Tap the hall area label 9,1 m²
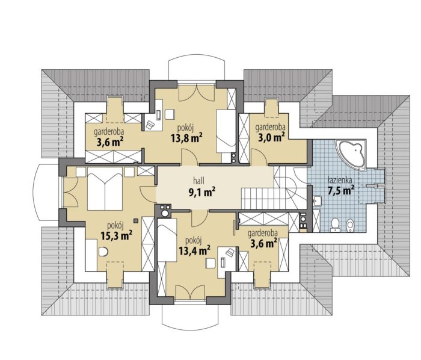tap(202, 193)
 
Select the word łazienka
tap(340, 180)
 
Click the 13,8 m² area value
tap(186, 138)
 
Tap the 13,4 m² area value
tap(194, 250)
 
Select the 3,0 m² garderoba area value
tap(271, 137)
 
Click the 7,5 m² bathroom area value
tap(341, 190)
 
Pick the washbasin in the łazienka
tap(318, 200)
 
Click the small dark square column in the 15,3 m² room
tap(136, 220)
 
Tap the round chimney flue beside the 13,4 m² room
tap(165, 214)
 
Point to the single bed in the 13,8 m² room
tap(226, 131)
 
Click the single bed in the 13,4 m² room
tap(167, 240)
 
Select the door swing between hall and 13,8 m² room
tap(190, 157)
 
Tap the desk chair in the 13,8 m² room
tap(170, 114)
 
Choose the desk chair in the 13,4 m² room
tap(210, 263)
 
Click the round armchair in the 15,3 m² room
tap(103, 252)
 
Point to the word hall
tap(198, 181)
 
